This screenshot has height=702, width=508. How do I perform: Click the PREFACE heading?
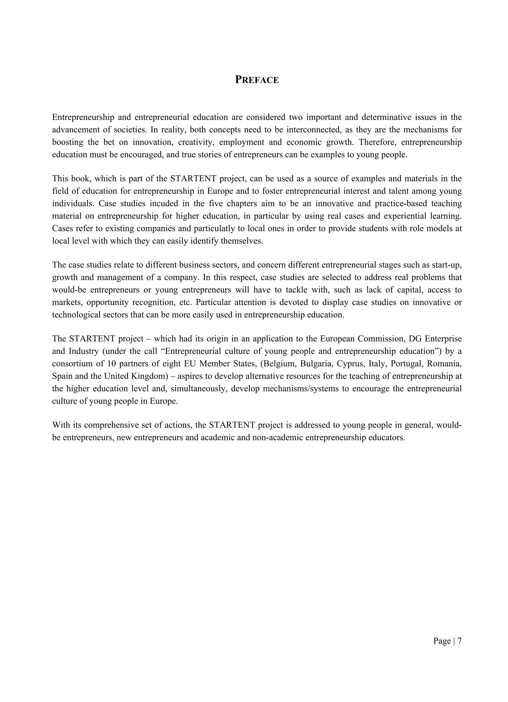(x=257, y=80)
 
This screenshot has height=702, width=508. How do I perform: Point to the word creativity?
(x=196, y=142)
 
